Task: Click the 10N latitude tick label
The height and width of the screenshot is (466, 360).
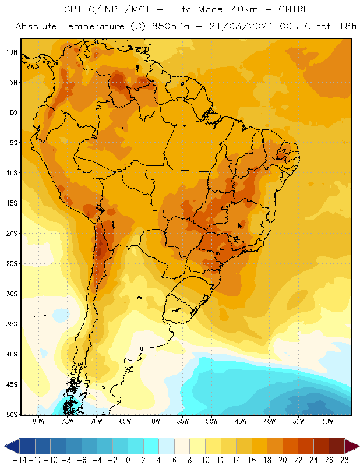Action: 12,52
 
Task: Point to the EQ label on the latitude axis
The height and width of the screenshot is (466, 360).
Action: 14,112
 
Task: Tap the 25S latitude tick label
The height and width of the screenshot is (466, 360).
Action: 12,264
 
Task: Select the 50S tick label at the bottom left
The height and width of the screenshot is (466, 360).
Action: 12,415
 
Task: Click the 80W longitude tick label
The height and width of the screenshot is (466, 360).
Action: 38,421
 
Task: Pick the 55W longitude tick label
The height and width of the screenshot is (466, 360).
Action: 183,421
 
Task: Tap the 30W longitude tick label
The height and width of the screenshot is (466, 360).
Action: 327,421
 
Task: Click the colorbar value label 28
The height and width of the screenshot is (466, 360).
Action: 344,460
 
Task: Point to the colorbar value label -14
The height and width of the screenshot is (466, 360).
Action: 20,460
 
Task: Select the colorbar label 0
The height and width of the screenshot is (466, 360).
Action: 128,460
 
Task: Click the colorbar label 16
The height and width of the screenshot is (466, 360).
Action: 252,460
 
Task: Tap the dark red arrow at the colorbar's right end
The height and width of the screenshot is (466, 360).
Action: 352,446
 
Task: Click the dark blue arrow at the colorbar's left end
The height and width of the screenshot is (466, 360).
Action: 12,446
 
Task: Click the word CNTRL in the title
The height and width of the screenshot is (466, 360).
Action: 294,9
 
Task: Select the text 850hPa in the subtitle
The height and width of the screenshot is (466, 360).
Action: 170,26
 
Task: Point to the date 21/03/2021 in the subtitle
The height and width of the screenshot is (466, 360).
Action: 241,26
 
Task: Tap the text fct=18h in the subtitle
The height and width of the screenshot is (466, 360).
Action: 337,26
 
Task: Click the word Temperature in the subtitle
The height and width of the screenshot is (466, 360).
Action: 93,26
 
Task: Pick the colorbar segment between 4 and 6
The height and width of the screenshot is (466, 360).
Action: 167,446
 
